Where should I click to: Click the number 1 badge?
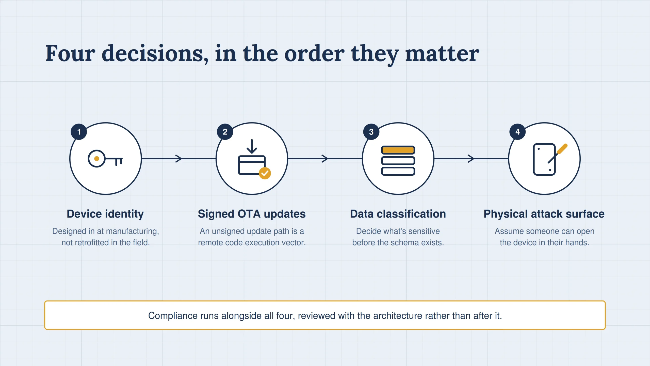tap(79, 132)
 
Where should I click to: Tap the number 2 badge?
tap(225, 132)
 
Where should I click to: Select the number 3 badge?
tap(371, 132)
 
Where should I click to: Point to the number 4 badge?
tap(517, 132)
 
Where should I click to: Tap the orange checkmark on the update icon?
tap(265, 173)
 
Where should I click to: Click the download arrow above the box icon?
tap(252, 146)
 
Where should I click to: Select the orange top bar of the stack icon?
tap(398, 150)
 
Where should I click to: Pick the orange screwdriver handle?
tap(562, 149)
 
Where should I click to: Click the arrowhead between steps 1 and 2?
tap(179, 159)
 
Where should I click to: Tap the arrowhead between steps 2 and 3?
tap(325, 159)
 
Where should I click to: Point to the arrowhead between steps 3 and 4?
tap(471, 159)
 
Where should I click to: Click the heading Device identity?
tap(105, 214)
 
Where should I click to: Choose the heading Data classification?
tap(398, 214)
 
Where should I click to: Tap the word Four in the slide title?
tap(70, 53)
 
